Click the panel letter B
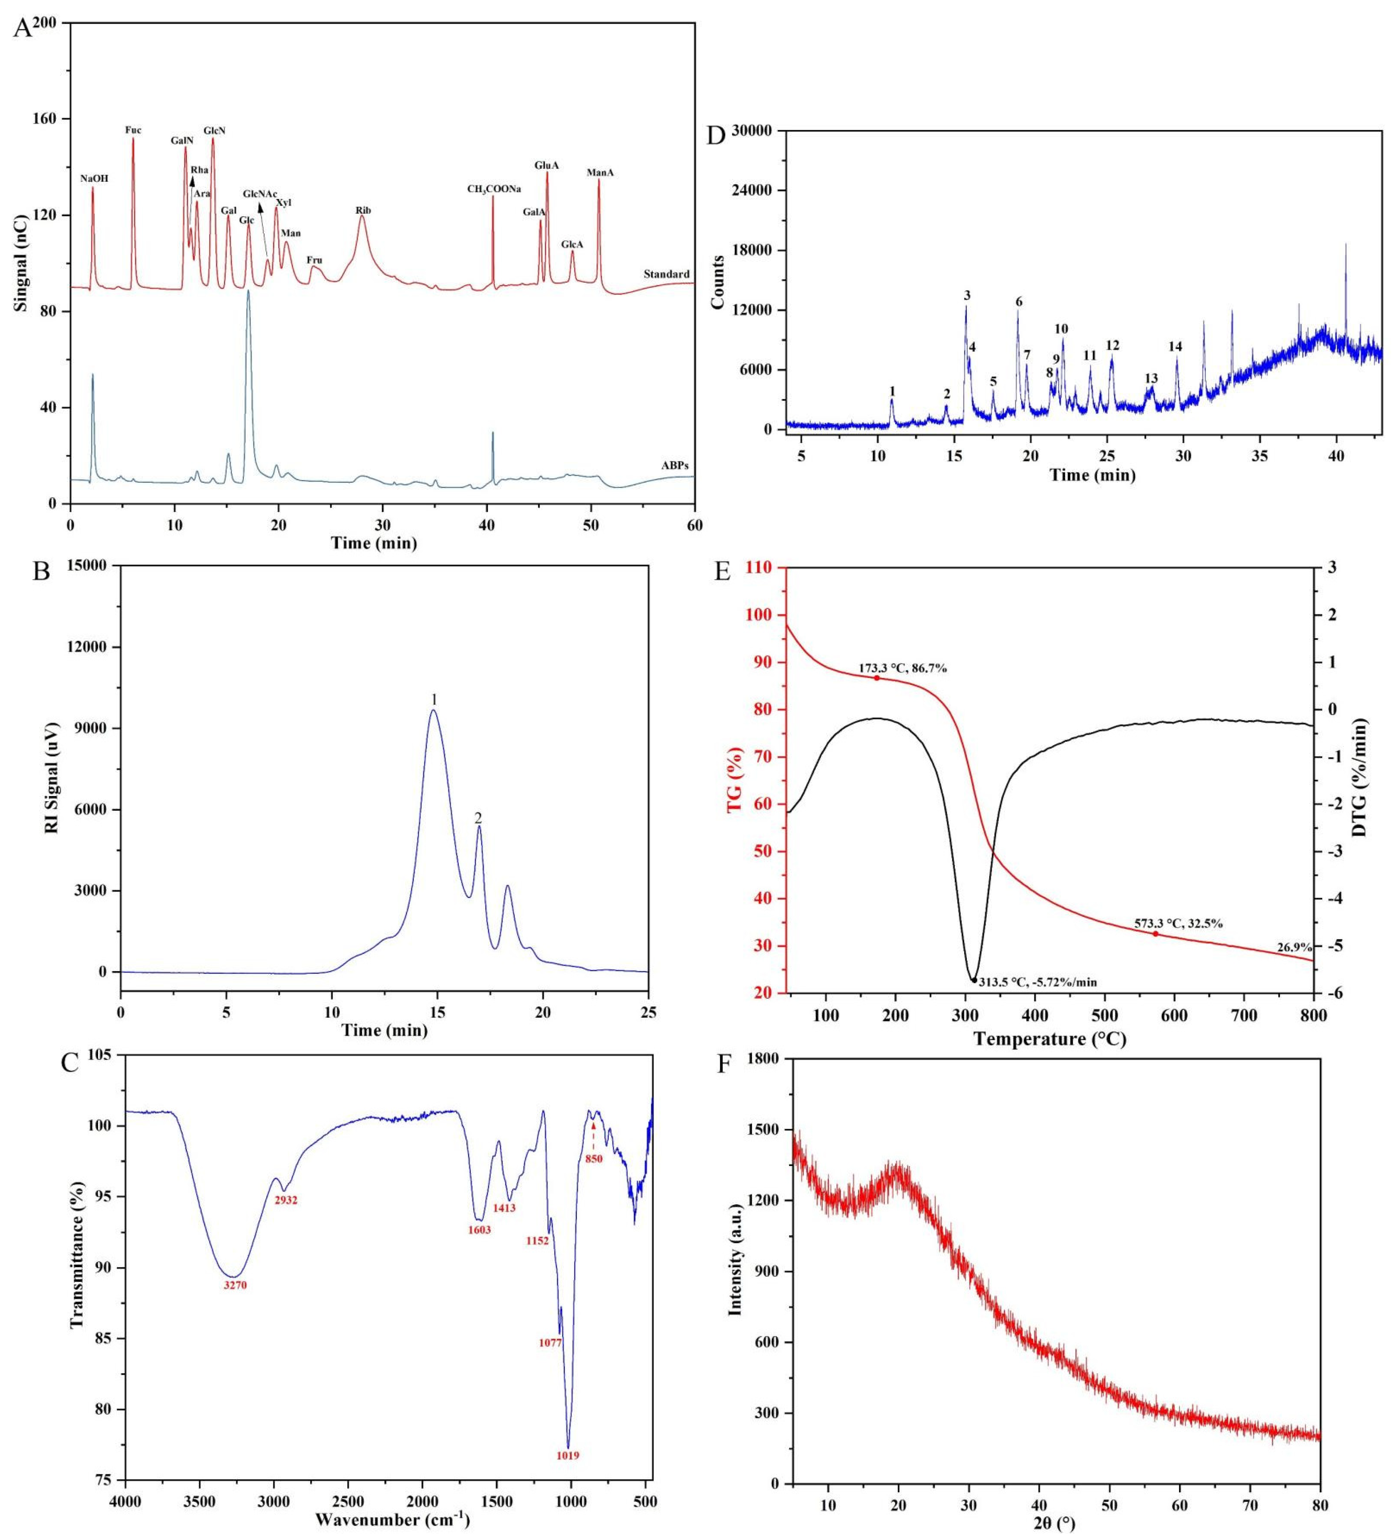pyautogui.click(x=42, y=571)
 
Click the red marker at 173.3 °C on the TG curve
pyautogui.click(x=876, y=678)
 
